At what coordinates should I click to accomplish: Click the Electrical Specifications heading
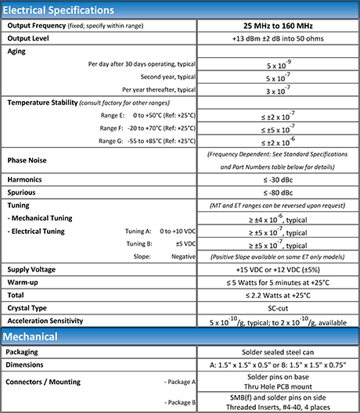(59, 10)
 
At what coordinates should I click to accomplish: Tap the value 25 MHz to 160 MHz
(278, 25)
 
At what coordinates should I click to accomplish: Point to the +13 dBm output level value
(278, 38)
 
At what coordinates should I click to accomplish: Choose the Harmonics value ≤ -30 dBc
(278, 180)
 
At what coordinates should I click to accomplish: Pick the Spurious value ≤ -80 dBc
(278, 192)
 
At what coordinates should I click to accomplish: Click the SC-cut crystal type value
(278, 307)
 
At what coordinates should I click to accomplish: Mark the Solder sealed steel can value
(278, 352)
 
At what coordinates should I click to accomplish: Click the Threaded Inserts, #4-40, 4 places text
(278, 407)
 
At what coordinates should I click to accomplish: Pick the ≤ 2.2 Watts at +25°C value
(278, 294)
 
